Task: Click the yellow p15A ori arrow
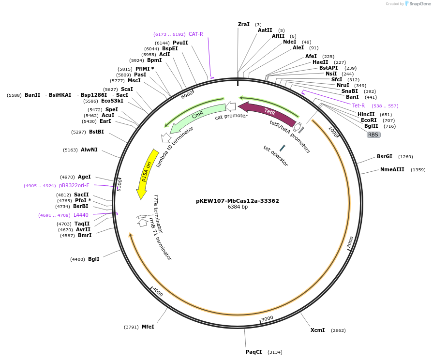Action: coord(146,173)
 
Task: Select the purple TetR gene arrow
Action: coord(268,114)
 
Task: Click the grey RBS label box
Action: coord(373,135)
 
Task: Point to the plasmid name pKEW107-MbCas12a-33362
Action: coord(238,200)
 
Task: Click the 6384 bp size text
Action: coord(238,207)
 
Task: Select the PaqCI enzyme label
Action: coord(254,352)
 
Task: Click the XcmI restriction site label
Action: coord(317,330)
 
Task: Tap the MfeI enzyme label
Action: coord(148,327)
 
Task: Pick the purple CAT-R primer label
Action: coord(196,34)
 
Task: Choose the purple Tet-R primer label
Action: coord(358,105)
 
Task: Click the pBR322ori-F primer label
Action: coord(74,185)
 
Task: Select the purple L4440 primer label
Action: coord(81,215)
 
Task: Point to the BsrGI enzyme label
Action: coord(385,156)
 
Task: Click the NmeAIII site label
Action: coord(392,169)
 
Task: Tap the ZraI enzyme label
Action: coord(244,24)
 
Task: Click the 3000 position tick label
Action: coord(267,318)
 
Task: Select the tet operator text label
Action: coord(276,156)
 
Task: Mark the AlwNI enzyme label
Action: coord(89,150)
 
